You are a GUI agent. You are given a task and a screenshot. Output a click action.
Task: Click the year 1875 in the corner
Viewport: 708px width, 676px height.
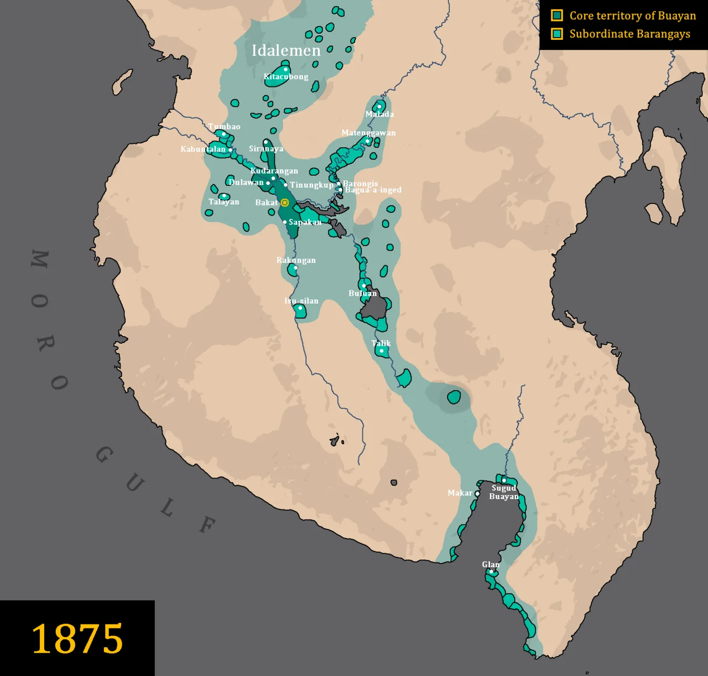[x=77, y=638]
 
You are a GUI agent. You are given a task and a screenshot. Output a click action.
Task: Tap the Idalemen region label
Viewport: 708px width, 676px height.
[x=286, y=50]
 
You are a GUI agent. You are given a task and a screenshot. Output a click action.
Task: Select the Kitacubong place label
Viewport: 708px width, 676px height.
[x=286, y=77]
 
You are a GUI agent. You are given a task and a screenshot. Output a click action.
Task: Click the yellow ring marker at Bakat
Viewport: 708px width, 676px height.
[x=285, y=203]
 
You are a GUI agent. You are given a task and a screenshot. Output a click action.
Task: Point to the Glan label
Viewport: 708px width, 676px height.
[x=491, y=565]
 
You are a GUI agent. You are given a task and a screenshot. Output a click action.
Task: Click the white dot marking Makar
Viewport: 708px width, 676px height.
[x=477, y=493]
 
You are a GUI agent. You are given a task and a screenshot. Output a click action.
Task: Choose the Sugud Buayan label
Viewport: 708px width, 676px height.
[x=504, y=492]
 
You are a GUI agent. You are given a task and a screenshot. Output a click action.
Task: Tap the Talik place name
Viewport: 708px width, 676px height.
[x=381, y=344]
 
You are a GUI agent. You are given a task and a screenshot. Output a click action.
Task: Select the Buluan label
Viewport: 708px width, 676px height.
[x=362, y=293]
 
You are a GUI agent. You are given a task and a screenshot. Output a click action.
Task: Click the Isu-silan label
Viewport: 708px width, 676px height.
[x=301, y=301]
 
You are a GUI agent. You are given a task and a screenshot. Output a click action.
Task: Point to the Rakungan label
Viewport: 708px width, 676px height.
[x=296, y=260]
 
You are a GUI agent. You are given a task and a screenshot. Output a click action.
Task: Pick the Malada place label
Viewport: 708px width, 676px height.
[x=379, y=115]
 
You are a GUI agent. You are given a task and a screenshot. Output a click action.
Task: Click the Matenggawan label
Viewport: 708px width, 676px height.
[x=368, y=133]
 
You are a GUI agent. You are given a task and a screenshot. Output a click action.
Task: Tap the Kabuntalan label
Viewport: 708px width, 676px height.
[x=203, y=149]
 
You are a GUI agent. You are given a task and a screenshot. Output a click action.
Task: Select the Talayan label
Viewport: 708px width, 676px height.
[x=224, y=202]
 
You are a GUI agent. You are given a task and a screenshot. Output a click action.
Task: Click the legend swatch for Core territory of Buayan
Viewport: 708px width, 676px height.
[x=557, y=15]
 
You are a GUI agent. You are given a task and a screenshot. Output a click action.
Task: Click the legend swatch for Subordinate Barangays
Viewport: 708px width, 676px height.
[x=557, y=34]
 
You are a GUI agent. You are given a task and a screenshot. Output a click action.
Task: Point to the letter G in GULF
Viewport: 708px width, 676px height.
[x=105, y=455]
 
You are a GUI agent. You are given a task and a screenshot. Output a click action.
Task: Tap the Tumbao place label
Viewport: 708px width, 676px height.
[x=224, y=127]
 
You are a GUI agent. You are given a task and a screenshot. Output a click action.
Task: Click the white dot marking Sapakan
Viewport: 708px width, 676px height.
[x=285, y=222]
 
